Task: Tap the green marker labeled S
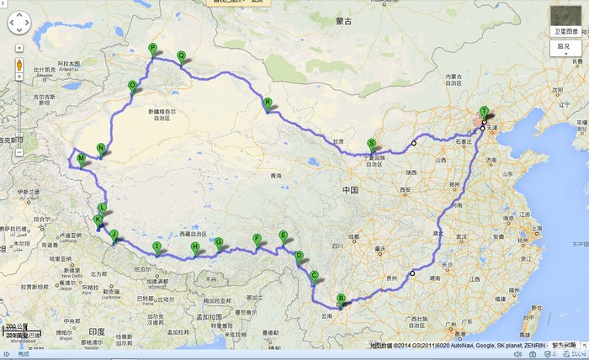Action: [372, 144]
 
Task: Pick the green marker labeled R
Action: [268, 103]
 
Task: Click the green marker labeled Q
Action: [181, 56]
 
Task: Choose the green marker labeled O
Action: [132, 86]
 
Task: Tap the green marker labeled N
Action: [101, 149]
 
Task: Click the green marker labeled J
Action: [114, 235]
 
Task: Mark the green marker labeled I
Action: [156, 246]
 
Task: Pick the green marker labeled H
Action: [195, 247]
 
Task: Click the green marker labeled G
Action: [220, 243]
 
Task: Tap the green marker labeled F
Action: [257, 239]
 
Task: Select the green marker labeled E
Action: [284, 236]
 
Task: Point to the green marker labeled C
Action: [315, 275]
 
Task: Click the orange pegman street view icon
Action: [19, 65]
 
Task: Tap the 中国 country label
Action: [351, 191]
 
